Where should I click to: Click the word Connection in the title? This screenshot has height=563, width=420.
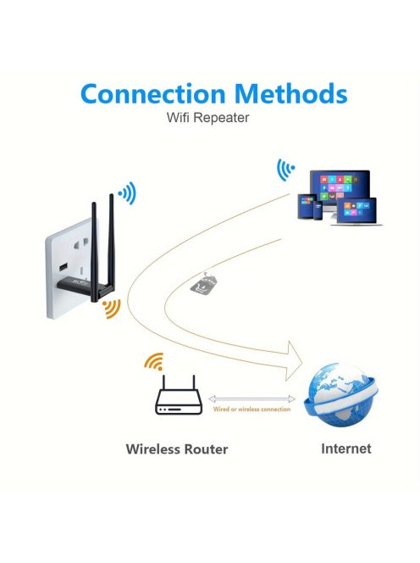click(146, 93)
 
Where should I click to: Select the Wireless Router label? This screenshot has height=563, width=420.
click(177, 449)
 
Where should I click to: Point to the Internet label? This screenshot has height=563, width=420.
click(345, 448)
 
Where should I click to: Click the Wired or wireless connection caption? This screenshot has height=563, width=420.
click(251, 410)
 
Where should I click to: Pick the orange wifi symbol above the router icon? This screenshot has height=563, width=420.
click(153, 362)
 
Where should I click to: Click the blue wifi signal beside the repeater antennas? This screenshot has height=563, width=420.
click(127, 193)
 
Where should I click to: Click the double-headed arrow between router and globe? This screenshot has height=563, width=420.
click(251, 399)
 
